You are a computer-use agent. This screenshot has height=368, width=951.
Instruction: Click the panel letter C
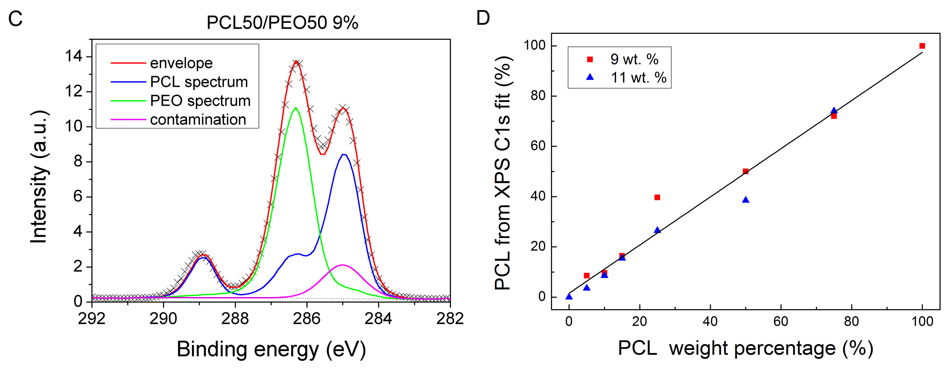click(16, 19)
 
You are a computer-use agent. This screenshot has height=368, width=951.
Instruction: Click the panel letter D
click(483, 18)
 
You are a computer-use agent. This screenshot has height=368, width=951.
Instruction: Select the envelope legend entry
click(181, 63)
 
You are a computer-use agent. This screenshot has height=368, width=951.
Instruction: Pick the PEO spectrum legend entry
click(200, 101)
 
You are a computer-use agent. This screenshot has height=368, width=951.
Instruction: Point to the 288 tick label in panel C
click(235, 319)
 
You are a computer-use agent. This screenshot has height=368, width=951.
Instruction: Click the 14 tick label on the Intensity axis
click(73, 56)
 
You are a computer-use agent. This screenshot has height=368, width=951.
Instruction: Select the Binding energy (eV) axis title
click(271, 349)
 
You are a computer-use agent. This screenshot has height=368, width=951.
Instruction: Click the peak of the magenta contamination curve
click(342, 265)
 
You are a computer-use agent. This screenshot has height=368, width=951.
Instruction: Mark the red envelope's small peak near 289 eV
click(204, 255)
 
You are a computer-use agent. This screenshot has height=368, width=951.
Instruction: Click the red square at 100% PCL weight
click(922, 46)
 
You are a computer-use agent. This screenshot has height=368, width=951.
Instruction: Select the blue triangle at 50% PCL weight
click(745, 200)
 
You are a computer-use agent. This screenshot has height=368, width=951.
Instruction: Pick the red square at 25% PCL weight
click(657, 197)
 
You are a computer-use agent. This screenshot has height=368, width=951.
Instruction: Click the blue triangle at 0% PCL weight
click(569, 296)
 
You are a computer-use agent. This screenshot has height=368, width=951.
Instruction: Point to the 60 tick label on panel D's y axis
click(538, 146)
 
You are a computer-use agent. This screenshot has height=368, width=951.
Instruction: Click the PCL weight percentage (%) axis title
click(745, 349)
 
